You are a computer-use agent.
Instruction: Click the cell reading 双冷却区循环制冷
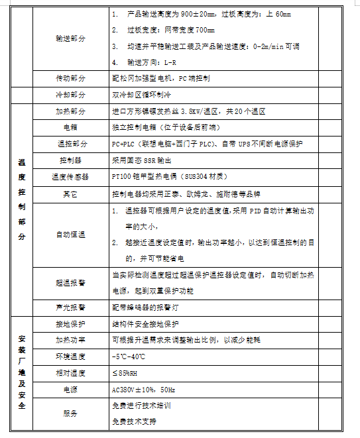coord(141,95)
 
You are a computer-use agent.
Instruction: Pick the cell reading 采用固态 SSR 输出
coord(143,160)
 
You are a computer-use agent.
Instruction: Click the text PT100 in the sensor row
coord(122,177)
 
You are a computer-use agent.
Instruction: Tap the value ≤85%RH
coord(126,373)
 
